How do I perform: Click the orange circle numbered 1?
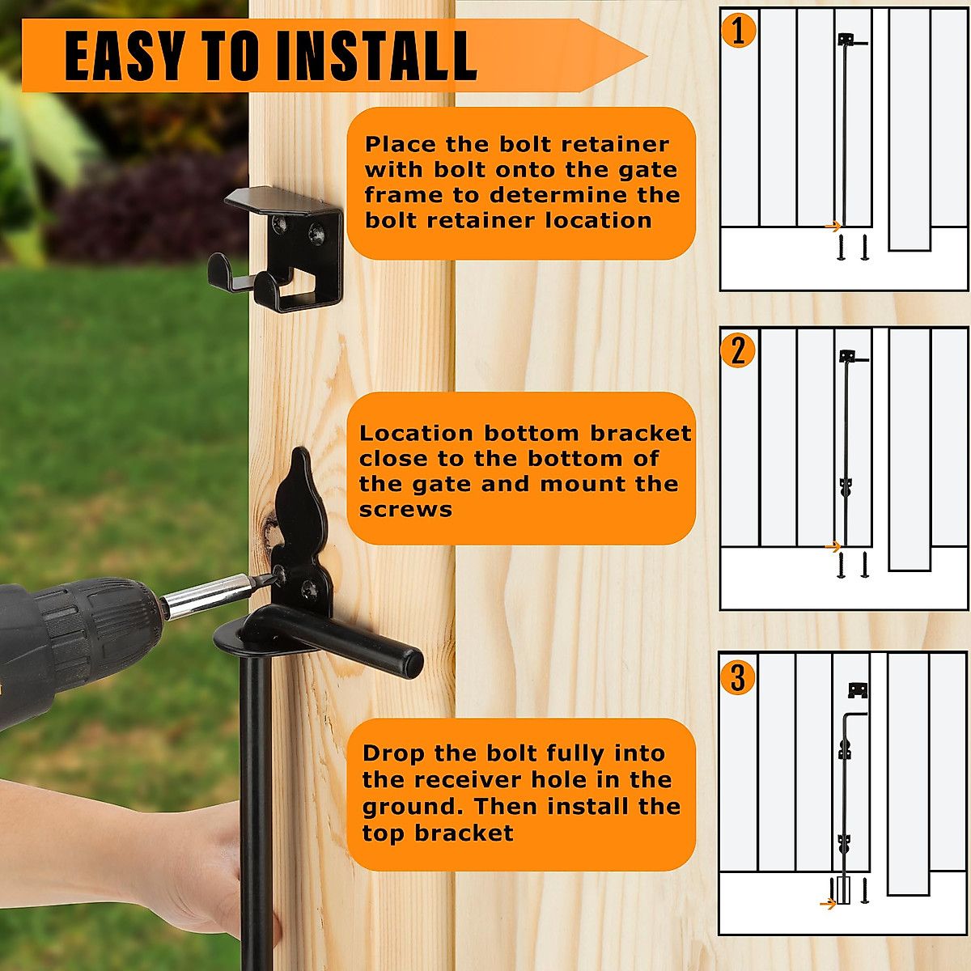738,30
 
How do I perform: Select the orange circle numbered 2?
738,350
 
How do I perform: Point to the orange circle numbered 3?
738,677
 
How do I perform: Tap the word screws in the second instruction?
405,510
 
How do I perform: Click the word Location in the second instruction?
417,434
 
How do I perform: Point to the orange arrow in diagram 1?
833,226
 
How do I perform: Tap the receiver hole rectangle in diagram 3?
843,890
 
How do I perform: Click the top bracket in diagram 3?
858,690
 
